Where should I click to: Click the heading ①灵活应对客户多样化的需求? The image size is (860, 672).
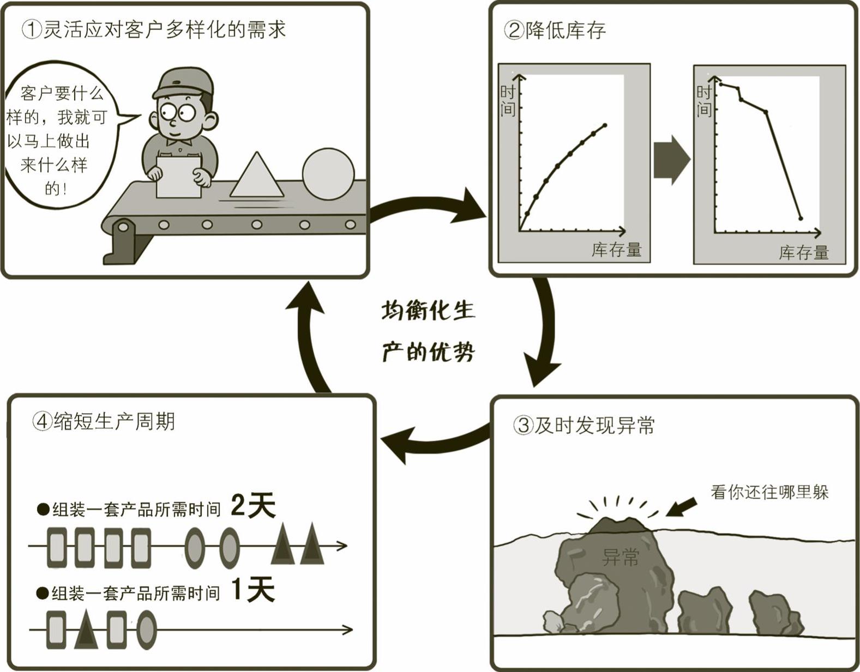[154, 29]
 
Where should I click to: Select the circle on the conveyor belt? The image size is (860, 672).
[328, 174]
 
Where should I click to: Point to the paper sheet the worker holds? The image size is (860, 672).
[179, 177]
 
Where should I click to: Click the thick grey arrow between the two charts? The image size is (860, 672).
[672, 160]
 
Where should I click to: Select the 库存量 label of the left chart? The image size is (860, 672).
[616, 250]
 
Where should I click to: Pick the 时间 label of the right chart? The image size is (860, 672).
[704, 101]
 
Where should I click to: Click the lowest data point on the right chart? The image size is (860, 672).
[801, 219]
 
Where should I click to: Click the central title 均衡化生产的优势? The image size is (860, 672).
[428, 331]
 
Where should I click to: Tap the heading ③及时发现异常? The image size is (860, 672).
[584, 425]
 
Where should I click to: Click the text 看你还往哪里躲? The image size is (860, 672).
[769, 492]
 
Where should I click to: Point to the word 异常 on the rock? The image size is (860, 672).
[620, 557]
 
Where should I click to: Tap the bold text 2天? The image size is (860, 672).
[252, 505]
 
